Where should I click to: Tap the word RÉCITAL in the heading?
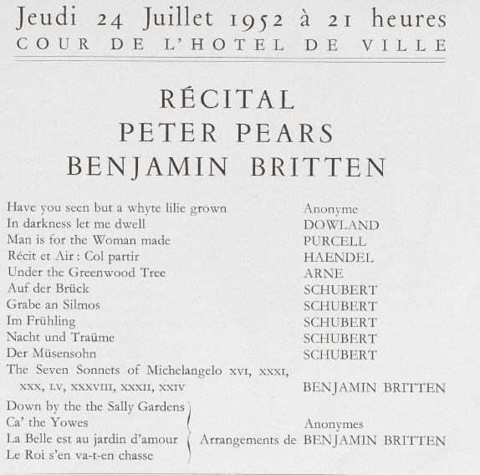pos(227,101)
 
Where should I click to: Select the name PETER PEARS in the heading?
pos(227,133)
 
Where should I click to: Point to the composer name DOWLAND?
pos(340,225)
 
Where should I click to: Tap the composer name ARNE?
pos(324,273)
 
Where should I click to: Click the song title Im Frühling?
pos(40,321)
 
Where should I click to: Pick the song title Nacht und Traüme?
pos(60,338)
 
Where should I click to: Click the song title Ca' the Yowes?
pos(47,423)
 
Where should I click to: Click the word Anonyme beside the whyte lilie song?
pos(330,209)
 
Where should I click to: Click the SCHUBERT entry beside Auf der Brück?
pos(340,289)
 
